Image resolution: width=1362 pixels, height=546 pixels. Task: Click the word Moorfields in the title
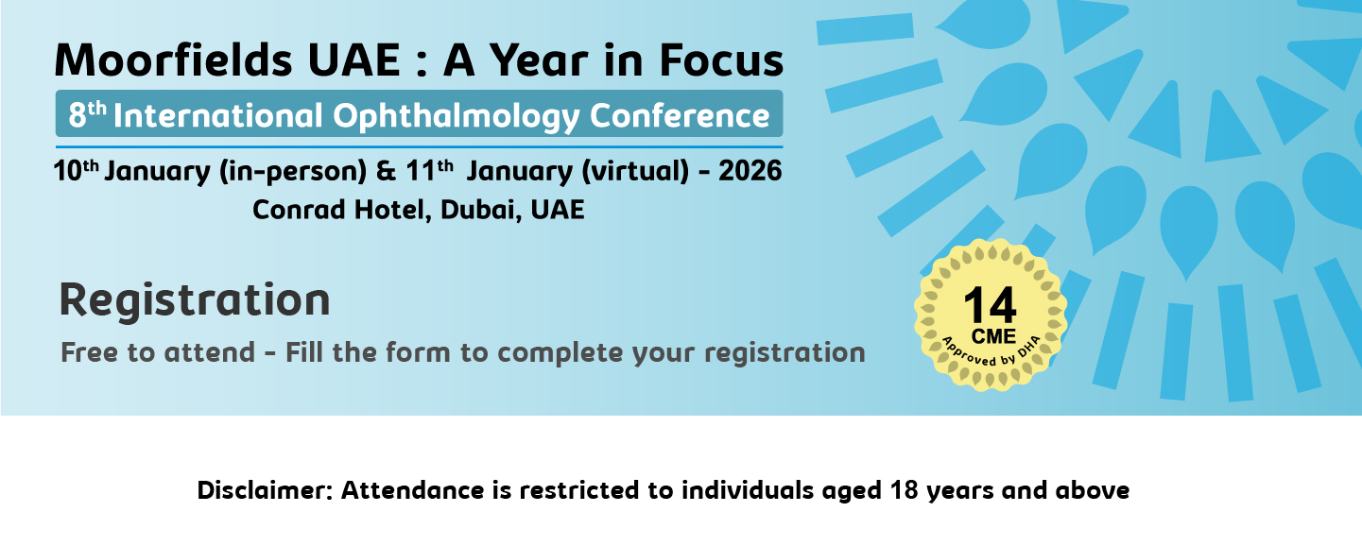coord(173,60)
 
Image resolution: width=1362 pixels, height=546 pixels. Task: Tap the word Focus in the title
coord(721,60)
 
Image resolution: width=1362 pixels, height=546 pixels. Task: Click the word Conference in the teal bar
coord(680,115)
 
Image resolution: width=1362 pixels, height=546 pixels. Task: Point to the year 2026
coord(750,171)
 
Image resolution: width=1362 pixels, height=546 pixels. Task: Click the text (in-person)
coord(292,172)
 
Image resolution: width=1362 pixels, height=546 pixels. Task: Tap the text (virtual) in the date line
coord(635,172)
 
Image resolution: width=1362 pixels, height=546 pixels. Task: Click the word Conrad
coord(299,210)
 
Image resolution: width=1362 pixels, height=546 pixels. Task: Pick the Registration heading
coord(195,299)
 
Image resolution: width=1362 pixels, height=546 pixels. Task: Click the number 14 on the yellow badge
coord(990,304)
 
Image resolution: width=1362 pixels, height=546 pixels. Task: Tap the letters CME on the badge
coord(993,336)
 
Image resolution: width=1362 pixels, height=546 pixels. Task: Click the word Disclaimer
coord(265,490)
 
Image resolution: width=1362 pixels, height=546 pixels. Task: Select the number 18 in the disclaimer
coord(904,490)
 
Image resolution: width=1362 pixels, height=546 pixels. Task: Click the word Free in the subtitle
coord(90,352)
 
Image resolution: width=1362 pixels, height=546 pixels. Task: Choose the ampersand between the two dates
coord(386,171)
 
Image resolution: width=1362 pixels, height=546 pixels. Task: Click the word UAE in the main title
coord(353,60)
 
